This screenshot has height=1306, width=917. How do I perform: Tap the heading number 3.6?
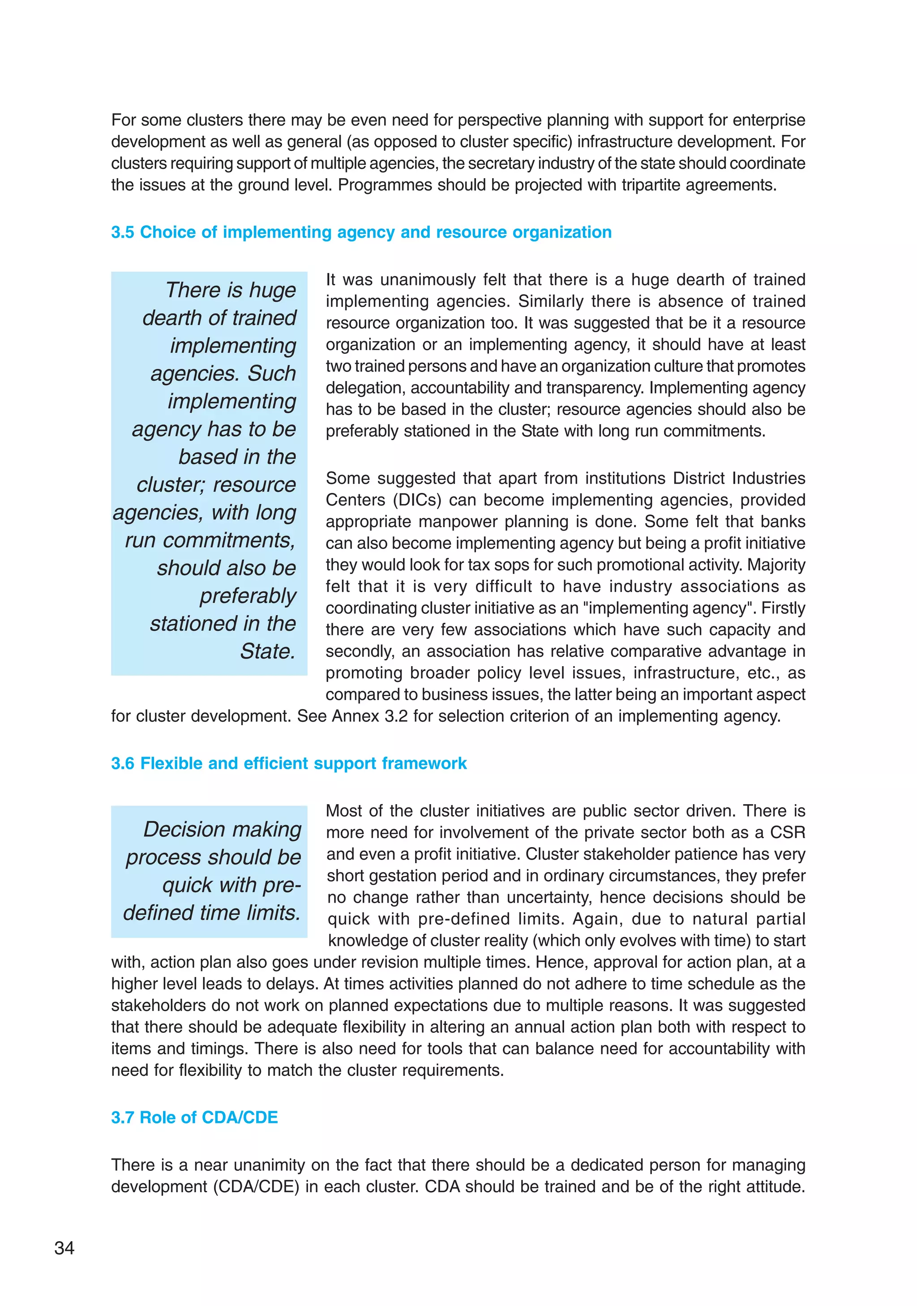pyautogui.click(x=122, y=763)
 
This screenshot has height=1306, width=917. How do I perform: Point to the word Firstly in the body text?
pyautogui.click(x=783, y=608)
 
